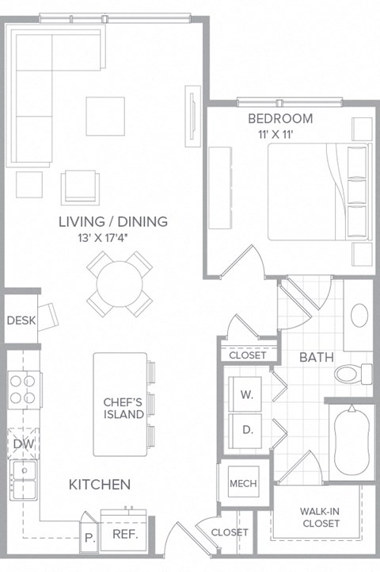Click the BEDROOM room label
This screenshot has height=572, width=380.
pyautogui.click(x=280, y=119)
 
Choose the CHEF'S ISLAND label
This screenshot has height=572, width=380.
pyautogui.click(x=123, y=408)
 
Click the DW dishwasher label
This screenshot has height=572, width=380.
pyautogui.click(x=20, y=443)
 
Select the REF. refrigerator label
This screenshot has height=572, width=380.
pyautogui.click(x=125, y=534)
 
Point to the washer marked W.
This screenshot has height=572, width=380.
pyautogui.click(x=246, y=394)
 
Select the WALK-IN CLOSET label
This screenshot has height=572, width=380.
pyautogui.click(x=320, y=517)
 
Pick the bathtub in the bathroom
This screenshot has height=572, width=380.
pyautogui.click(x=349, y=442)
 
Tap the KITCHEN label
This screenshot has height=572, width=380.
pyautogui.click(x=99, y=484)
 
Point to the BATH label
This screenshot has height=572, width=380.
pyautogui.click(x=314, y=358)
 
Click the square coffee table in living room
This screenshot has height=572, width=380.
pyautogui.click(x=105, y=116)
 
